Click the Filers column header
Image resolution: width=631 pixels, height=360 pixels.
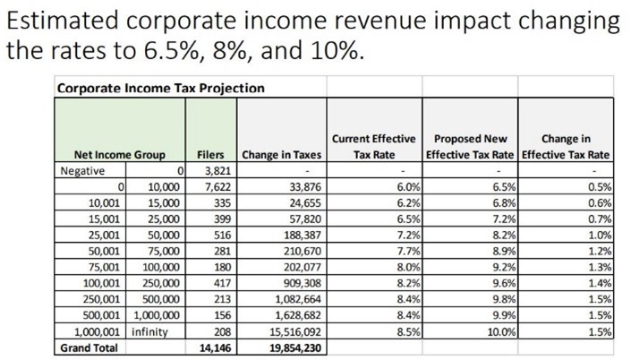(210, 155)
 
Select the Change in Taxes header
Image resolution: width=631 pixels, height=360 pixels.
(282, 155)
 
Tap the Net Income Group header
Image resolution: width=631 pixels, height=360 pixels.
(120, 155)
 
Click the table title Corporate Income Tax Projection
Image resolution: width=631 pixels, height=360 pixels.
(161, 88)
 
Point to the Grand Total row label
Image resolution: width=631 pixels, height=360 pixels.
(89, 348)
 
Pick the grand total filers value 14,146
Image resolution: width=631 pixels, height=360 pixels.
(216, 348)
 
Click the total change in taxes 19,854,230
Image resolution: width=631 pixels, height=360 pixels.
(295, 348)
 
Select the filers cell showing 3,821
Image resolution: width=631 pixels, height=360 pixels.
(217, 171)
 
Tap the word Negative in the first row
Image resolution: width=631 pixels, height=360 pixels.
(82, 171)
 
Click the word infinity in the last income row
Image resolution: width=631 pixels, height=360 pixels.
(149, 332)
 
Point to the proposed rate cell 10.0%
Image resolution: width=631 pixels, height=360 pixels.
(503, 332)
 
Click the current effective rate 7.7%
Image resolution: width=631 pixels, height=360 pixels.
(409, 252)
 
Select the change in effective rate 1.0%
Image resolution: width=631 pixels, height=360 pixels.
(600, 236)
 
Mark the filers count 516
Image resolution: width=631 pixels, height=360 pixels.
(223, 236)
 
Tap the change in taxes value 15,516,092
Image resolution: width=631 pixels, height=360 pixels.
(295, 332)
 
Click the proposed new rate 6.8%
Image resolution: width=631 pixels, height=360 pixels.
(504, 203)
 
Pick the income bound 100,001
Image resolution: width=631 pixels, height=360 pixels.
(101, 284)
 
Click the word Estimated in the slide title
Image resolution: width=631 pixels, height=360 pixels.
(63, 20)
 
